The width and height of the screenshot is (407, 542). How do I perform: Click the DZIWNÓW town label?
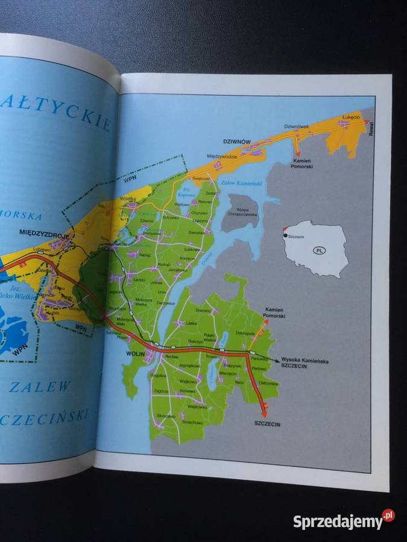236,141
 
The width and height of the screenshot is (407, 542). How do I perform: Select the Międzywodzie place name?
222,155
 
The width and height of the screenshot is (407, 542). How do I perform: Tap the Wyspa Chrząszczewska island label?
242,212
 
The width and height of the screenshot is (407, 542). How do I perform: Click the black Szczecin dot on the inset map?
285,236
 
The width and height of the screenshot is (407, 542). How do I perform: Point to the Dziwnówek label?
297,126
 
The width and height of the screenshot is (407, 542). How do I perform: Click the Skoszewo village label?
166,416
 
